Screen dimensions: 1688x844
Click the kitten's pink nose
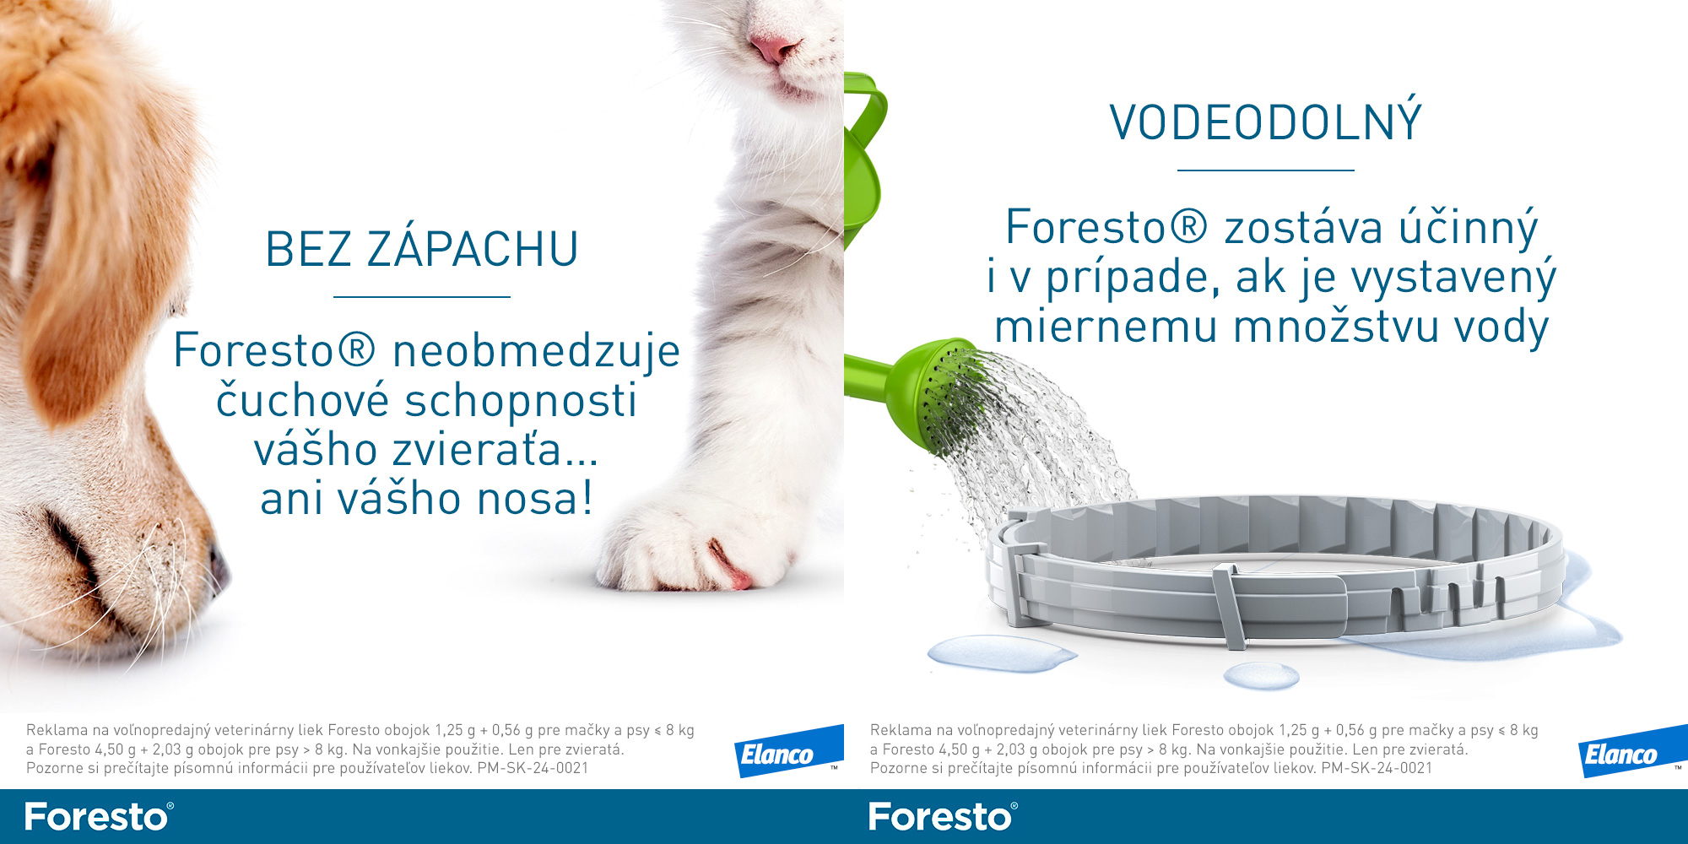774,48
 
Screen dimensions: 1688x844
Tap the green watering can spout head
937,392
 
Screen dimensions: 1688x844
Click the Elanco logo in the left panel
788,751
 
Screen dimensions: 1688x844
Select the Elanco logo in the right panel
1632,751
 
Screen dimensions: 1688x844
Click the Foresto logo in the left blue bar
100,816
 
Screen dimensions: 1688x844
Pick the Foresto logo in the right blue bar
944,816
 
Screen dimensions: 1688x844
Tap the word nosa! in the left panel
535,498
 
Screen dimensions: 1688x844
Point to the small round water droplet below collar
1261,674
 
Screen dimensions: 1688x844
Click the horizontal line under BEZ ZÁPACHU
422,297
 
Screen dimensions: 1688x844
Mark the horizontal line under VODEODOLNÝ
1266,170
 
